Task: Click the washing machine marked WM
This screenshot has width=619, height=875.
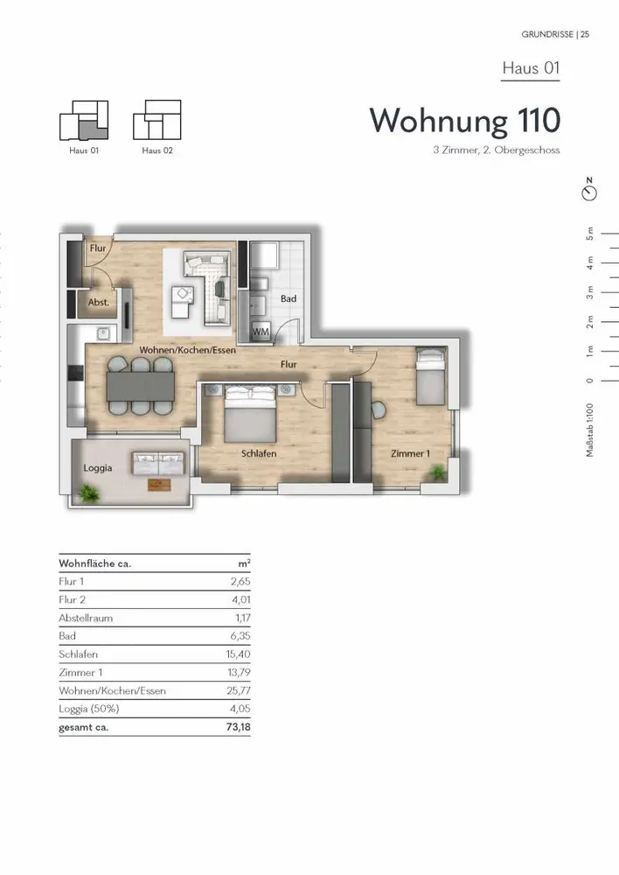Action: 261,331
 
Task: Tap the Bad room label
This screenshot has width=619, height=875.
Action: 289,298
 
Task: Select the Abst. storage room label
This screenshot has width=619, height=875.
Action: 99,303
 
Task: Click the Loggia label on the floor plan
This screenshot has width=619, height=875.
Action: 98,467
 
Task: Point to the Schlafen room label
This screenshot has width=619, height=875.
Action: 259,453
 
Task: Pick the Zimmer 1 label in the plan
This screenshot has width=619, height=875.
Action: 410,453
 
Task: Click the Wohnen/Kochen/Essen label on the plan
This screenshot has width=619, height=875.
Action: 187,351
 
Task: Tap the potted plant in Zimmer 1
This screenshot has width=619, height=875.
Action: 439,472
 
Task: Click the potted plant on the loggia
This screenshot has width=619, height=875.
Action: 87,493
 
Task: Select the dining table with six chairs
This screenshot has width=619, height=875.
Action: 141,386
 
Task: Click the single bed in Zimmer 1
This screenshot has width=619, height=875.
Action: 431,375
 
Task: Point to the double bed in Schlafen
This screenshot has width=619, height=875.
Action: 250,414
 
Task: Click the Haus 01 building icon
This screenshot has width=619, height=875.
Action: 84,121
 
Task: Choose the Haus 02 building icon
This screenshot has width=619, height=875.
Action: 157,120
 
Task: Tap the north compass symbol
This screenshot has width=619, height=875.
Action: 589,190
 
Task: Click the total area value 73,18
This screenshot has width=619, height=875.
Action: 238,727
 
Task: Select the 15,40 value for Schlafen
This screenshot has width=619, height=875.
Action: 238,654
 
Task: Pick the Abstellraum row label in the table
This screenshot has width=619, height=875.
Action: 86,618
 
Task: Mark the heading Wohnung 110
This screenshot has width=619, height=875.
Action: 465,121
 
